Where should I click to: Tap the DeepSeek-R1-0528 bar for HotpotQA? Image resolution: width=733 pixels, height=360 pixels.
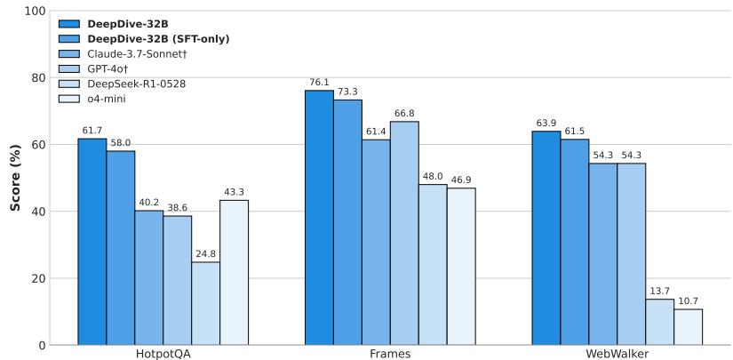pyautogui.click(x=205, y=303)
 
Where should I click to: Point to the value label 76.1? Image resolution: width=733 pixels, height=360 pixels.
pyautogui.click(x=319, y=83)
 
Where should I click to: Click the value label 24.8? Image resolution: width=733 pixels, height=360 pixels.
pyautogui.click(x=205, y=254)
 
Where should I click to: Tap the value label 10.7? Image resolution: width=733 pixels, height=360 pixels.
pyautogui.click(x=688, y=301)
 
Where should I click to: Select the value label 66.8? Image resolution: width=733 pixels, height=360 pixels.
pyautogui.click(x=404, y=114)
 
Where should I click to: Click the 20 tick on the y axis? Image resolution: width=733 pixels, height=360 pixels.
pyautogui.click(x=36, y=278)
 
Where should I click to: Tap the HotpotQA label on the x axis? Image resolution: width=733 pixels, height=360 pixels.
pyautogui.click(x=163, y=353)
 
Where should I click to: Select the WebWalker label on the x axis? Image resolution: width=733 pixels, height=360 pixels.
pyautogui.click(x=617, y=353)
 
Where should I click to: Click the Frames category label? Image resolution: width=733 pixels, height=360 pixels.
pyautogui.click(x=390, y=353)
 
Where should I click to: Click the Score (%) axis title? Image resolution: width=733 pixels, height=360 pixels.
pyautogui.click(x=14, y=178)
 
